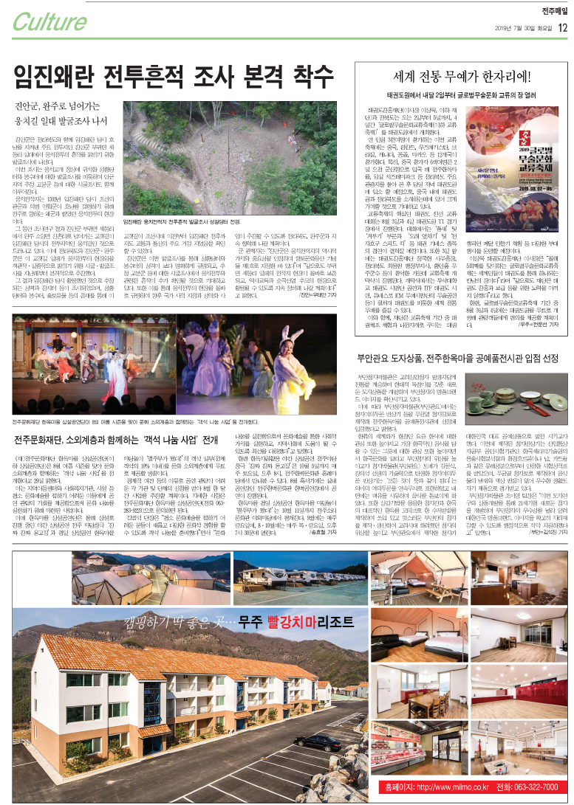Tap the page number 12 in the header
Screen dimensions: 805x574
tap(562, 29)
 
